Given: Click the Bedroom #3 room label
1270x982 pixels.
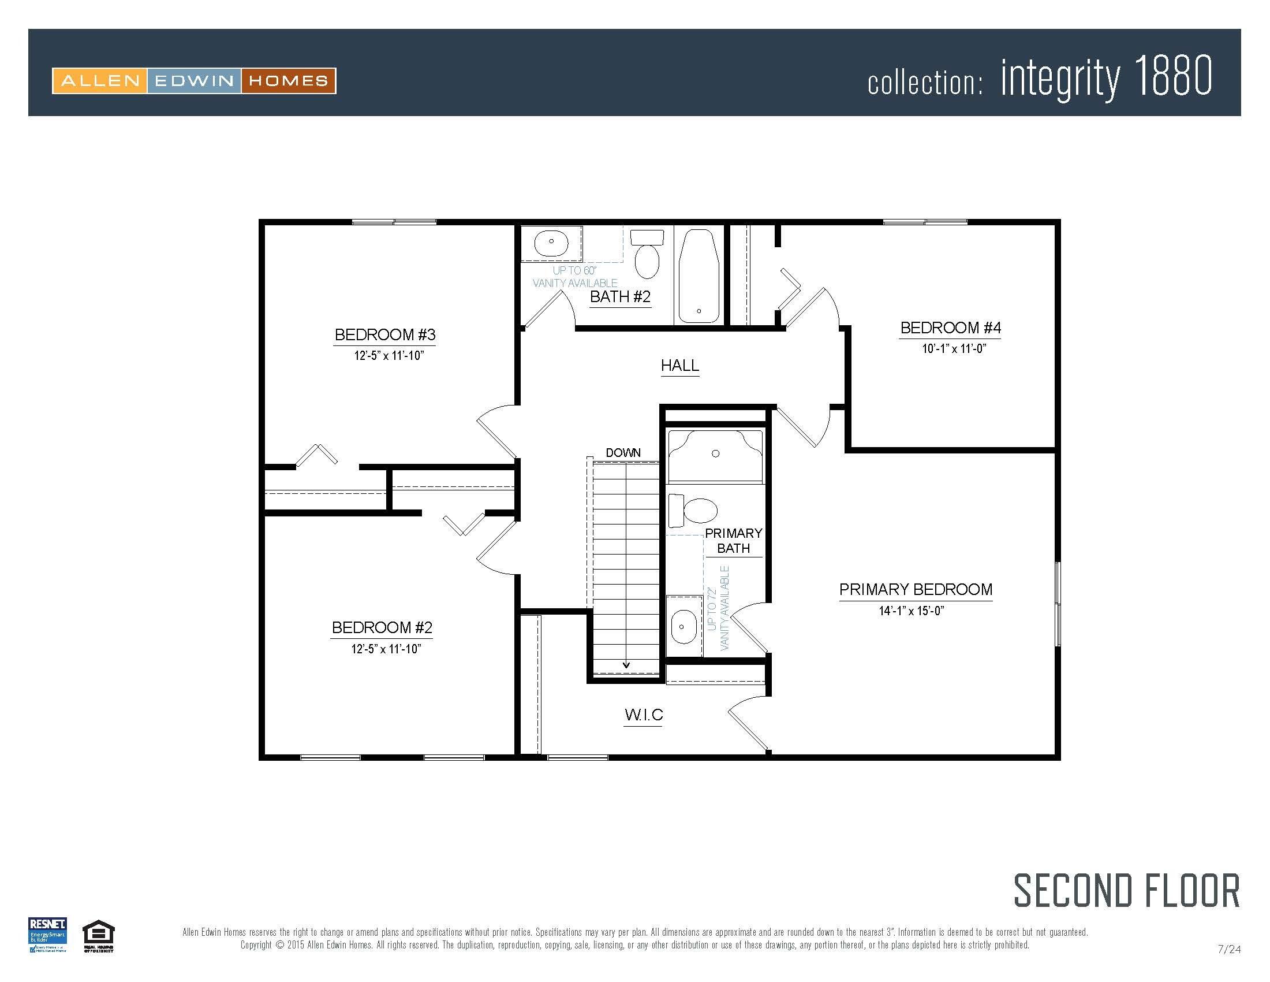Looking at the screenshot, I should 385,335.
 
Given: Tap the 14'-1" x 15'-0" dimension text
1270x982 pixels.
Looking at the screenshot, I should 911,611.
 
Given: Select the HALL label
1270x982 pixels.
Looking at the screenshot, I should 680,365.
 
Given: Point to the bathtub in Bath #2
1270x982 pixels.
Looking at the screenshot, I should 699,276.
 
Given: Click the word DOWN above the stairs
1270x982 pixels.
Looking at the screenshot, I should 623,453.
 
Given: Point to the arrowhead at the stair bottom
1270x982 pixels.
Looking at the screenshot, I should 626,665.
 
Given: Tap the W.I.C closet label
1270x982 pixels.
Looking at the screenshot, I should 644,715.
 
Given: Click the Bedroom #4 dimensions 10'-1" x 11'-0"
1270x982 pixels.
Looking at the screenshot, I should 954,349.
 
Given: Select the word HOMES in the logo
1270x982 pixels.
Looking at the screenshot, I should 289,81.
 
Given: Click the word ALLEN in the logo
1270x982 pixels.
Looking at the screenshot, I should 100,81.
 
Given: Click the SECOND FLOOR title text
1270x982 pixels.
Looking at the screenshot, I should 1126,891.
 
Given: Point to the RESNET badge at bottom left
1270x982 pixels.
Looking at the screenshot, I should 48,935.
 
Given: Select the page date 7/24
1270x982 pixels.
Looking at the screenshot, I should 1228,950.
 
